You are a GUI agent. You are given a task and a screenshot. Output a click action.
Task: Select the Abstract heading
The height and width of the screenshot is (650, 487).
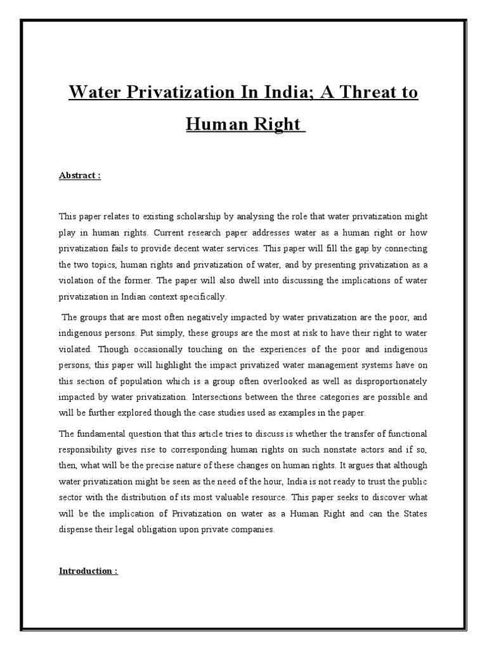80,176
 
